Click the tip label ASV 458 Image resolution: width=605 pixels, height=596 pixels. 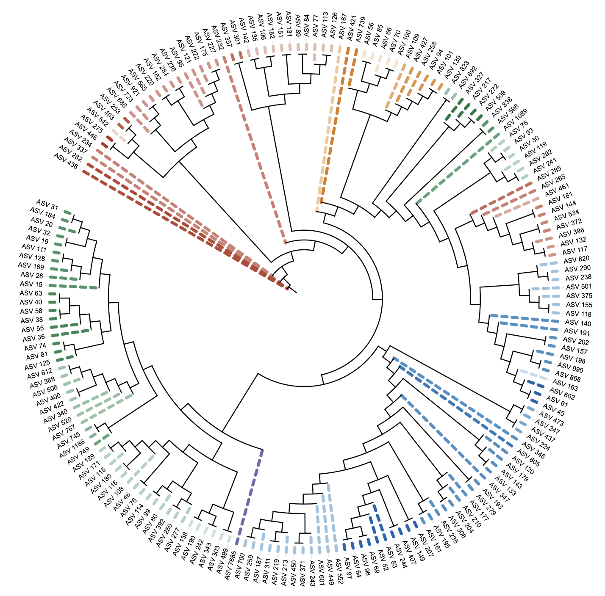pyautogui.click(x=66, y=161)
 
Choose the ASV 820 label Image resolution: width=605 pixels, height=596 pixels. pyautogui.click(x=577, y=259)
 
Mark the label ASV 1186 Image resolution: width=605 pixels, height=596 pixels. pyautogui.click(x=72, y=450)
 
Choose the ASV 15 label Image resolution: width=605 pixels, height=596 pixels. pyautogui.click(x=31, y=284)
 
